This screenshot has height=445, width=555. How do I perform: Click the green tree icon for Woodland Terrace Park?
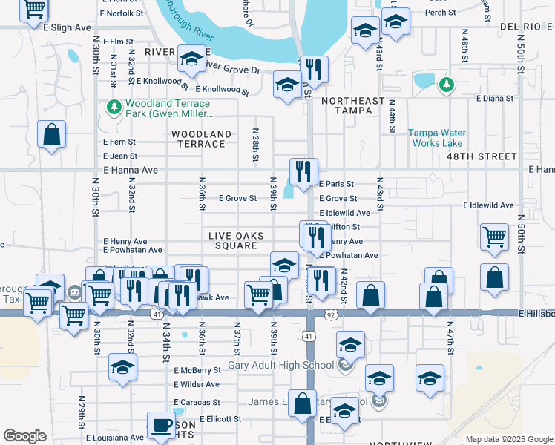114,108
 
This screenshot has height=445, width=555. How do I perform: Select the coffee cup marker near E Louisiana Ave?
161,426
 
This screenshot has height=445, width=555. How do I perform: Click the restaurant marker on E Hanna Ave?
303,173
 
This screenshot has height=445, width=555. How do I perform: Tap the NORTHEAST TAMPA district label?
353,105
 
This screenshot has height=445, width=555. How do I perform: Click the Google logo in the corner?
24,436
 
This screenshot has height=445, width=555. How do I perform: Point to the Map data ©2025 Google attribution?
508,439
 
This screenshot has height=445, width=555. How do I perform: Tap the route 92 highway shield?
329,314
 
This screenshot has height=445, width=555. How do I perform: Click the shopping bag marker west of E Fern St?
51,136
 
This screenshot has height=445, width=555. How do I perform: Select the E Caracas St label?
197,402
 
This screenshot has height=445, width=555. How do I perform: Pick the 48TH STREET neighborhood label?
485,156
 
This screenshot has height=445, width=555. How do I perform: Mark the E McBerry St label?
197,370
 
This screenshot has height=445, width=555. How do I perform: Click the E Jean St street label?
120,156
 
